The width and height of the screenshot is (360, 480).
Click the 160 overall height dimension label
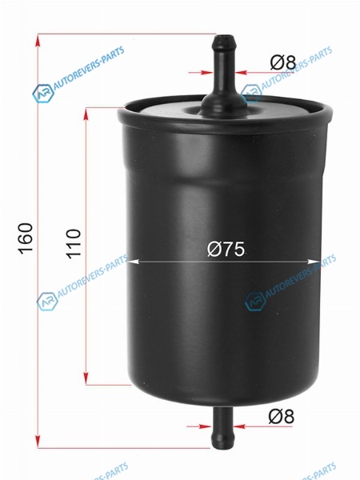pyautogui.click(x=26, y=238)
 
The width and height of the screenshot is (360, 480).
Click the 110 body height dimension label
pyautogui.click(x=74, y=244)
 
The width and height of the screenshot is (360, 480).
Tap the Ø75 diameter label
pyautogui.click(x=226, y=249)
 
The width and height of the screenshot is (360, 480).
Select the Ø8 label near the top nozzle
pyautogui.click(x=283, y=62)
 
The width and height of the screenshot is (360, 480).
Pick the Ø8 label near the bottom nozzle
pyautogui.click(x=282, y=416)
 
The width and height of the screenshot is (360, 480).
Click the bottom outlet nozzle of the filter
pyautogui.click(x=222, y=428)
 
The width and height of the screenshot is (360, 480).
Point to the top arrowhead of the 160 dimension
pyautogui.click(x=38, y=41)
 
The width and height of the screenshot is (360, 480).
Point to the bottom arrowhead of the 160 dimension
pyautogui.click(x=38, y=442)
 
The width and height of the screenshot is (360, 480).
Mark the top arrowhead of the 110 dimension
pyautogui.click(x=86, y=114)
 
